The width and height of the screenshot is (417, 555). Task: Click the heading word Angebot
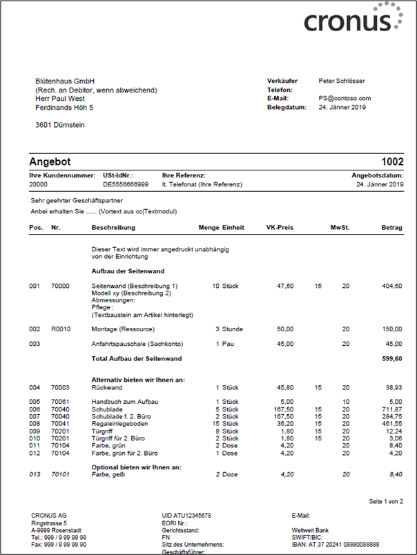[50, 162]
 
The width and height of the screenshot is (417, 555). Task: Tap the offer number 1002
[392, 162]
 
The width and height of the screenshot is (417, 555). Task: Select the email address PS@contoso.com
[345, 99]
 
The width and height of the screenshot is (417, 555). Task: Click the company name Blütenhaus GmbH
[64, 81]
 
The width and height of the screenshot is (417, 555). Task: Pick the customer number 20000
[39, 185]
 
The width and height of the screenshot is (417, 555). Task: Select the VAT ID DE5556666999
[125, 185]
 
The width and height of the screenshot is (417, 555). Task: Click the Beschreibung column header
[113, 227]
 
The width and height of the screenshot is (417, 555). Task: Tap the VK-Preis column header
[280, 227]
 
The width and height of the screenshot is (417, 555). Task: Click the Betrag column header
[392, 227]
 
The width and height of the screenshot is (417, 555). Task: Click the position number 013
[35, 474]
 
